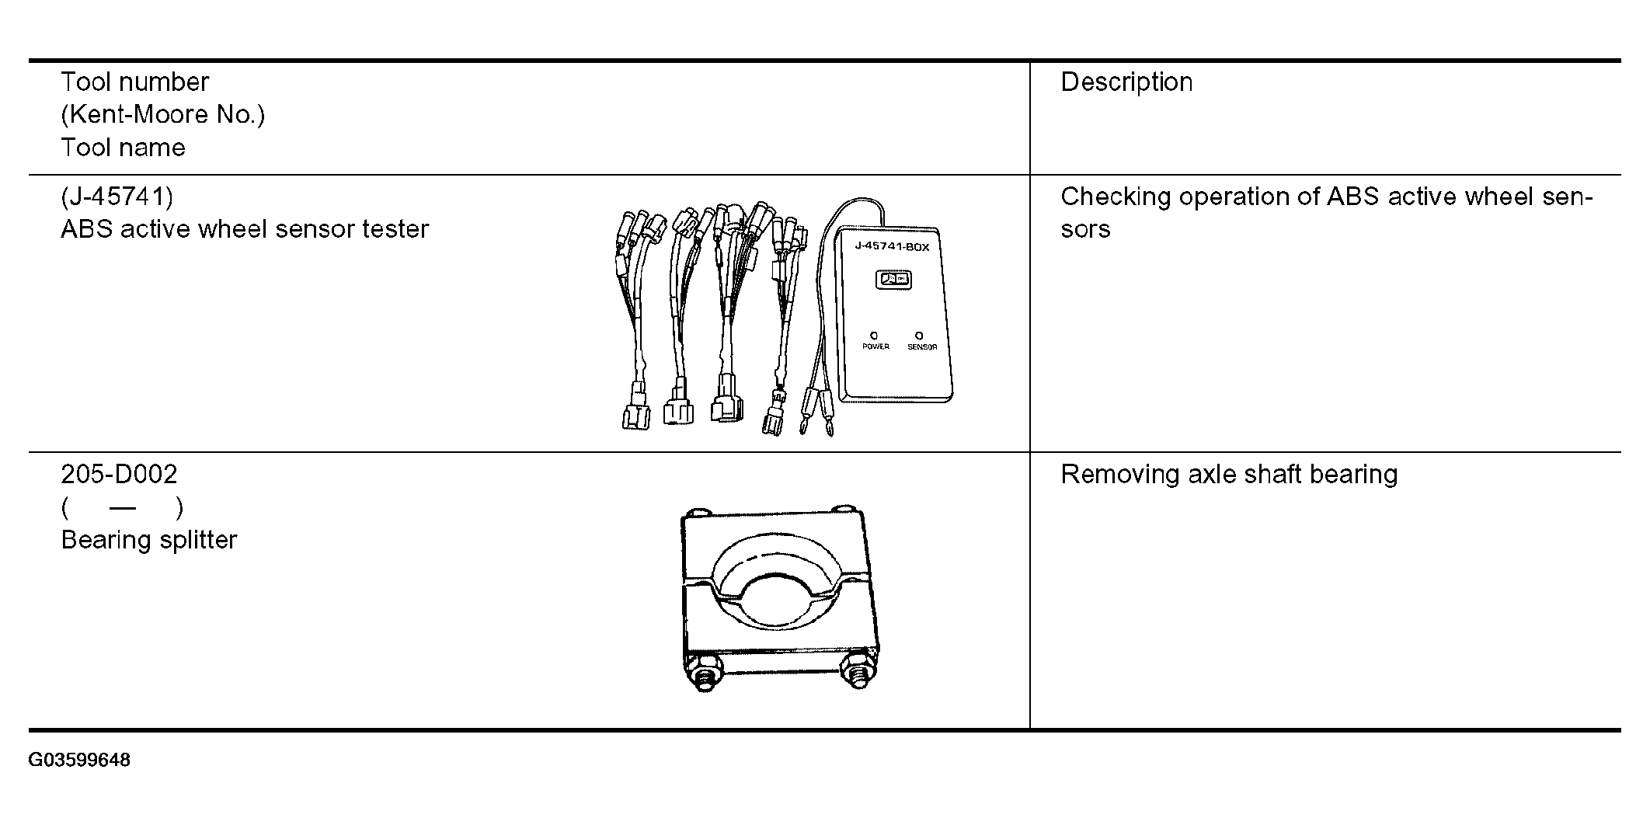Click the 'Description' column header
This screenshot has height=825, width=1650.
point(1126,82)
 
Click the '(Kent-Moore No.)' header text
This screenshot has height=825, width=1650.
point(162,115)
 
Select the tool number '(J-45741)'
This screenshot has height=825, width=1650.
point(117,197)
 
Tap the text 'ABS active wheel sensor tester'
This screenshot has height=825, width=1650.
point(245,229)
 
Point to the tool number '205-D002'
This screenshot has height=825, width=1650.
point(119,474)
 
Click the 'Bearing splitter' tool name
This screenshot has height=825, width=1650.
point(149,540)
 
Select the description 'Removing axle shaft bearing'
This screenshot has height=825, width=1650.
point(1229,474)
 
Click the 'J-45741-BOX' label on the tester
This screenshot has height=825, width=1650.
point(891,247)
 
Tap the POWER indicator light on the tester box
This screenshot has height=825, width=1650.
point(875,336)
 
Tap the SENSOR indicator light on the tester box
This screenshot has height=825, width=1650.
point(920,336)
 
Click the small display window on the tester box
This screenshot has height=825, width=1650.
point(893,279)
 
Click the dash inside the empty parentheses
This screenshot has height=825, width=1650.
point(123,508)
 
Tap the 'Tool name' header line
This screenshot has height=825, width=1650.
point(123,148)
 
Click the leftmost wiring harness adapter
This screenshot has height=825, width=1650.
point(637,319)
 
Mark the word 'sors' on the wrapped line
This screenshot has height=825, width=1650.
point(1085,229)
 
